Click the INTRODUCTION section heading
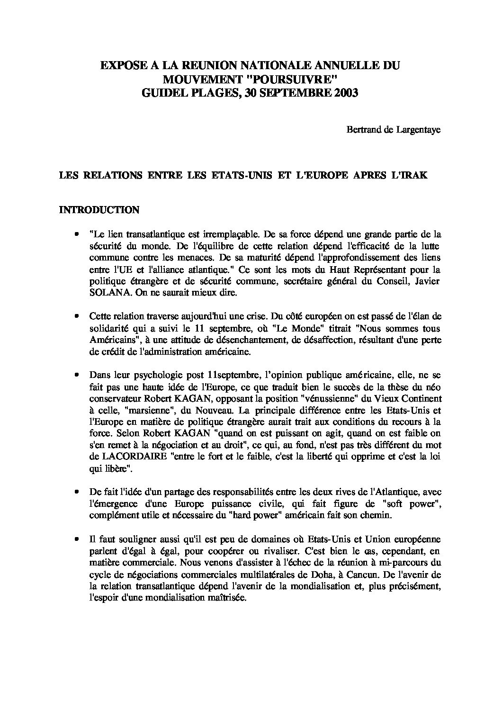[x=99, y=210]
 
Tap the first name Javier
[x=428, y=282]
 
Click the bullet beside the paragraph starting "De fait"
[x=76, y=493]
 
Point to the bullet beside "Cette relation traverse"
[x=76, y=316]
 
